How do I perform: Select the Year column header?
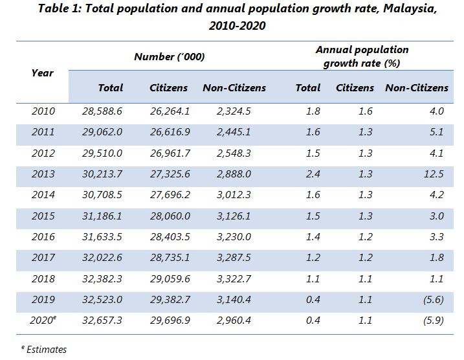point(42,73)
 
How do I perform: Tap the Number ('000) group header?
point(170,56)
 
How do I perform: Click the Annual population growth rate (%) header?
point(362,56)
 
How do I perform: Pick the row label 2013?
point(43,174)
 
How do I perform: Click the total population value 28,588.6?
point(102,111)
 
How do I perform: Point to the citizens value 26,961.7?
point(169,153)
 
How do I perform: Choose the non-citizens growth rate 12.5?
point(436,174)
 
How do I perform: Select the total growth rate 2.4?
point(313,174)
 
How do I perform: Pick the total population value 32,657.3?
point(102,321)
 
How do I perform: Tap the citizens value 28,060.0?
point(169,216)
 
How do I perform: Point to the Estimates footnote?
point(43,349)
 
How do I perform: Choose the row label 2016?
point(43,236)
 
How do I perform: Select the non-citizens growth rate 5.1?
point(436,132)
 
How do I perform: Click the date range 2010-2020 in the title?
point(237,27)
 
